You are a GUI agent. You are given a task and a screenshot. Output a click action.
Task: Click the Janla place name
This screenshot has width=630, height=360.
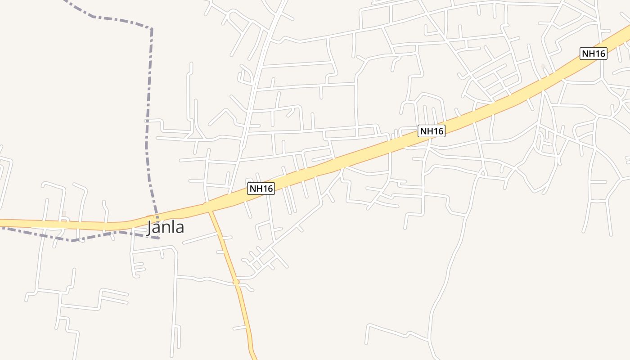coord(166,227)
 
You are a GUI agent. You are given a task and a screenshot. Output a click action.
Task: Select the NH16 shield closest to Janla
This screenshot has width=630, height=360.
coord(261,189)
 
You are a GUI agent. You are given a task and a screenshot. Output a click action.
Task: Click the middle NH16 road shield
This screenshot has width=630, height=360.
coord(432,131)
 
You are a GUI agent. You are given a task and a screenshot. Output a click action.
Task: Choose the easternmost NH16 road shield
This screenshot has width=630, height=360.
coord(594,54)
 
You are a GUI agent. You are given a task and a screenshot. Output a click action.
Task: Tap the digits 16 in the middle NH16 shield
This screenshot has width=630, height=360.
coord(438,131)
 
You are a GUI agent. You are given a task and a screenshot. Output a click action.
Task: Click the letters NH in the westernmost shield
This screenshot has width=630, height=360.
coord(256,189)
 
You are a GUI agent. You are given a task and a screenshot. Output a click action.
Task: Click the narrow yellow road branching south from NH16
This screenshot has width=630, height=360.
coord(225,252)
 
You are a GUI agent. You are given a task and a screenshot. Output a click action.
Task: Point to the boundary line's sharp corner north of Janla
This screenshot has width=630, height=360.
coord(151,29)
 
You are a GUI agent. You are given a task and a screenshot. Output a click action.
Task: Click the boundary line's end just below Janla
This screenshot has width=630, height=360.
coord(158,238)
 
